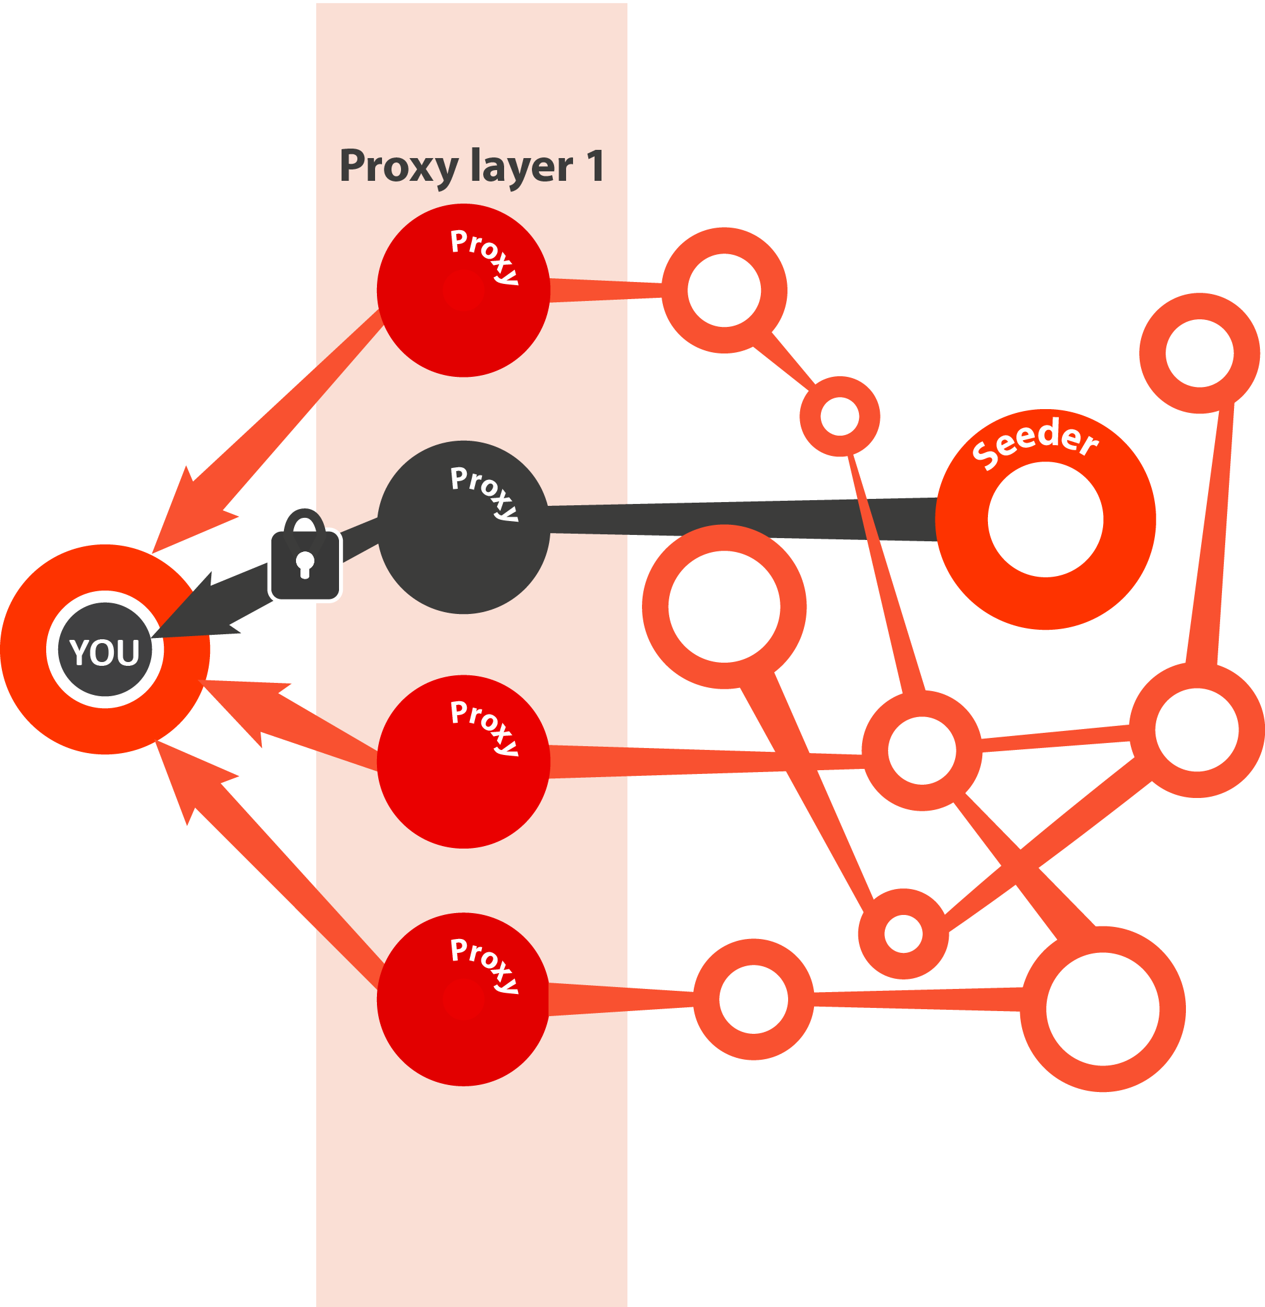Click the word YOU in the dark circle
[105, 651]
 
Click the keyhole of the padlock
[305, 563]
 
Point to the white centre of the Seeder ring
[1045, 520]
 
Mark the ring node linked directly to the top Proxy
[724, 290]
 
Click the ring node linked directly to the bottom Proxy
[753, 999]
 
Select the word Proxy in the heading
[398, 167]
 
